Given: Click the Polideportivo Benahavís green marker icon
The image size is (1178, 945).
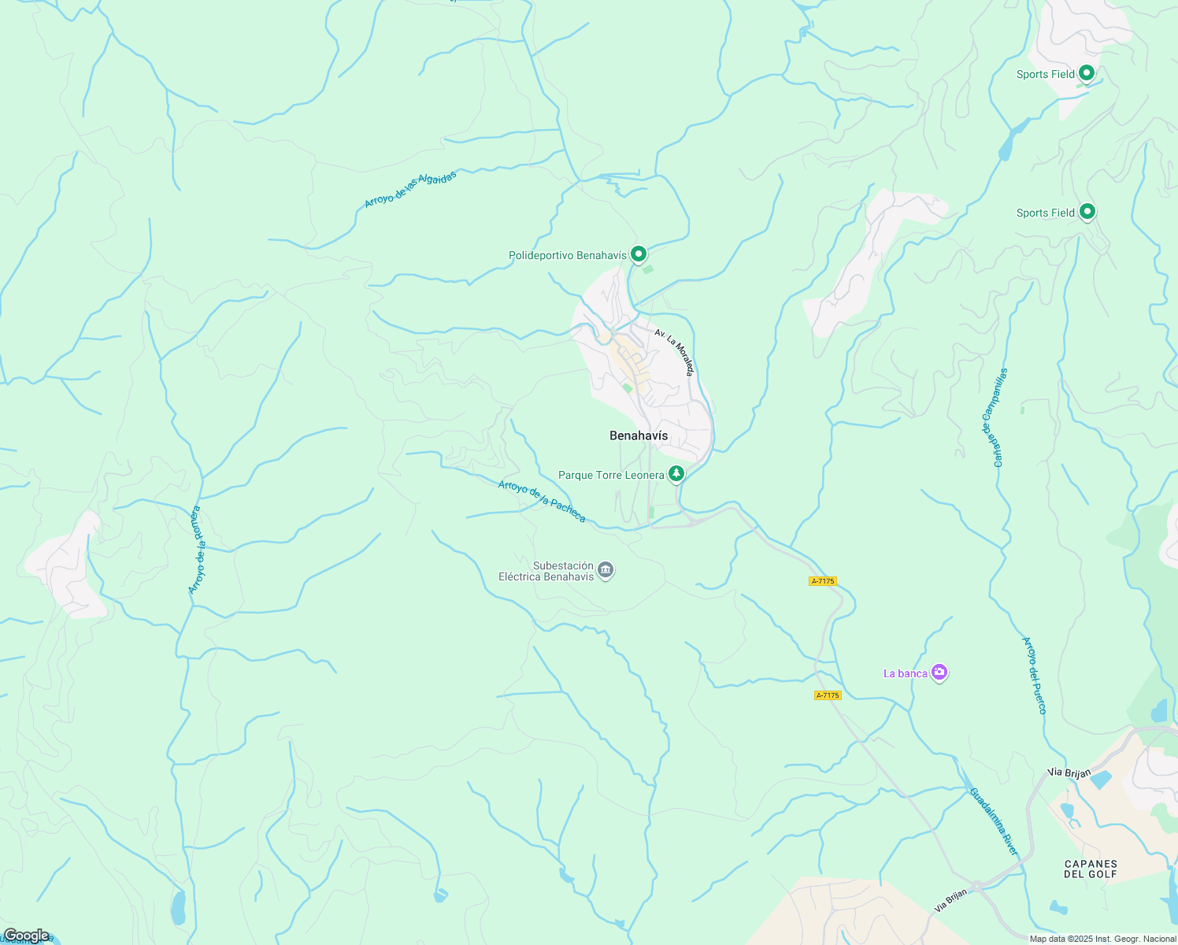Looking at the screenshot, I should click(639, 254).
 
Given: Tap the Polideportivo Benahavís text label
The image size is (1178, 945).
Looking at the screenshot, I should click(568, 256).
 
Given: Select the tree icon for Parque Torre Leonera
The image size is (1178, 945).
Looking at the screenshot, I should click(676, 473).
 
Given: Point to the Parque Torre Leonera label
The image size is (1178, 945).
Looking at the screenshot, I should click(611, 476).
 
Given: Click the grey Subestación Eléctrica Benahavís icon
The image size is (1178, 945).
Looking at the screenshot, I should click(606, 570).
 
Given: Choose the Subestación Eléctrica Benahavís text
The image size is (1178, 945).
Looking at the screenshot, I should click(546, 571).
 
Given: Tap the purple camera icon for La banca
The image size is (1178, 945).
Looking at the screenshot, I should click(939, 673).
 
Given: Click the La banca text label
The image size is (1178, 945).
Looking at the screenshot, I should click(905, 673).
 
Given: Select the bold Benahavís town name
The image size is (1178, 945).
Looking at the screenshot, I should click(639, 435).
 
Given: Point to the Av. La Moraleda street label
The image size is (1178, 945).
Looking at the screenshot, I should click(674, 352).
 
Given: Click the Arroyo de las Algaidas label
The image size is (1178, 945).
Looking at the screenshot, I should click(410, 190).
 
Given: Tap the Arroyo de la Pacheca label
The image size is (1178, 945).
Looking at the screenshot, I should click(542, 502).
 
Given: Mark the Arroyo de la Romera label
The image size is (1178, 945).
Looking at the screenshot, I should click(195, 550).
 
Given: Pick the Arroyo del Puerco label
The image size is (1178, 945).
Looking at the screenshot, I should click(1034, 676).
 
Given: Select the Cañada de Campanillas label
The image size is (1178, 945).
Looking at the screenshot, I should click(994, 417).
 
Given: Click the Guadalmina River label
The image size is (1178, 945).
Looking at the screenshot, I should click(993, 822).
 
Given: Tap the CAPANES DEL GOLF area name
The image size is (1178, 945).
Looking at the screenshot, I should click(1091, 869).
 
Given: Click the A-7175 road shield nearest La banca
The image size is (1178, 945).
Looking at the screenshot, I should click(828, 695).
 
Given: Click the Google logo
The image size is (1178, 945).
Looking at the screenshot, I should click(26, 936).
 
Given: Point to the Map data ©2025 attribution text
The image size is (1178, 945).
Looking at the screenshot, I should click(1102, 939).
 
